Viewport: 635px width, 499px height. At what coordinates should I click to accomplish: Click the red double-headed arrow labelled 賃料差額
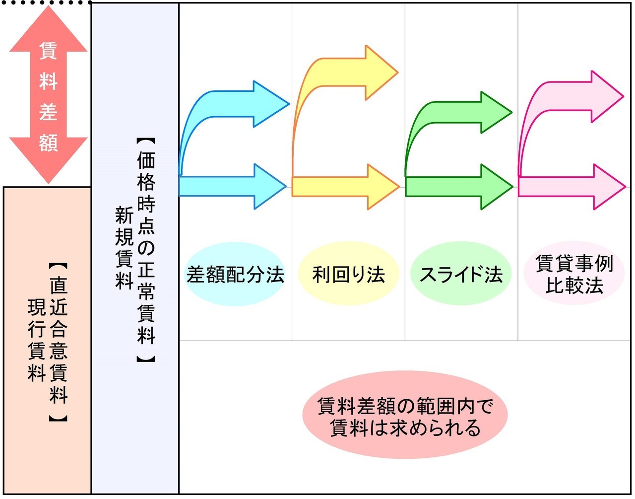(x=48, y=94)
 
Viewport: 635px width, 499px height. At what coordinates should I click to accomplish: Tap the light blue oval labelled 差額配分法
(x=235, y=274)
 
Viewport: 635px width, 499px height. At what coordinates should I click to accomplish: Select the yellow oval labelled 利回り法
(x=348, y=274)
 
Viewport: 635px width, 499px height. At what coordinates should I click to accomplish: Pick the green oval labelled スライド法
(x=461, y=274)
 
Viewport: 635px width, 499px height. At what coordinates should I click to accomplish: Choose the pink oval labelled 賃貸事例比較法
(x=574, y=275)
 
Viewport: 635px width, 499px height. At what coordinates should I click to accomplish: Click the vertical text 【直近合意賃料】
(x=59, y=343)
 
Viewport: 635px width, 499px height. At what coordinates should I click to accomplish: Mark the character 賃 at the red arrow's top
(x=48, y=50)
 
